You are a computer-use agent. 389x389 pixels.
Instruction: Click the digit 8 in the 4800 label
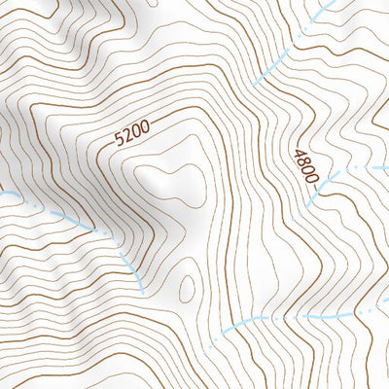point(305,160)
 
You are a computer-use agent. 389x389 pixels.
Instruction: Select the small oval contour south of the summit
point(186,285)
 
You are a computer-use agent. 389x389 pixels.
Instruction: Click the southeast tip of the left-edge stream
point(142,291)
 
